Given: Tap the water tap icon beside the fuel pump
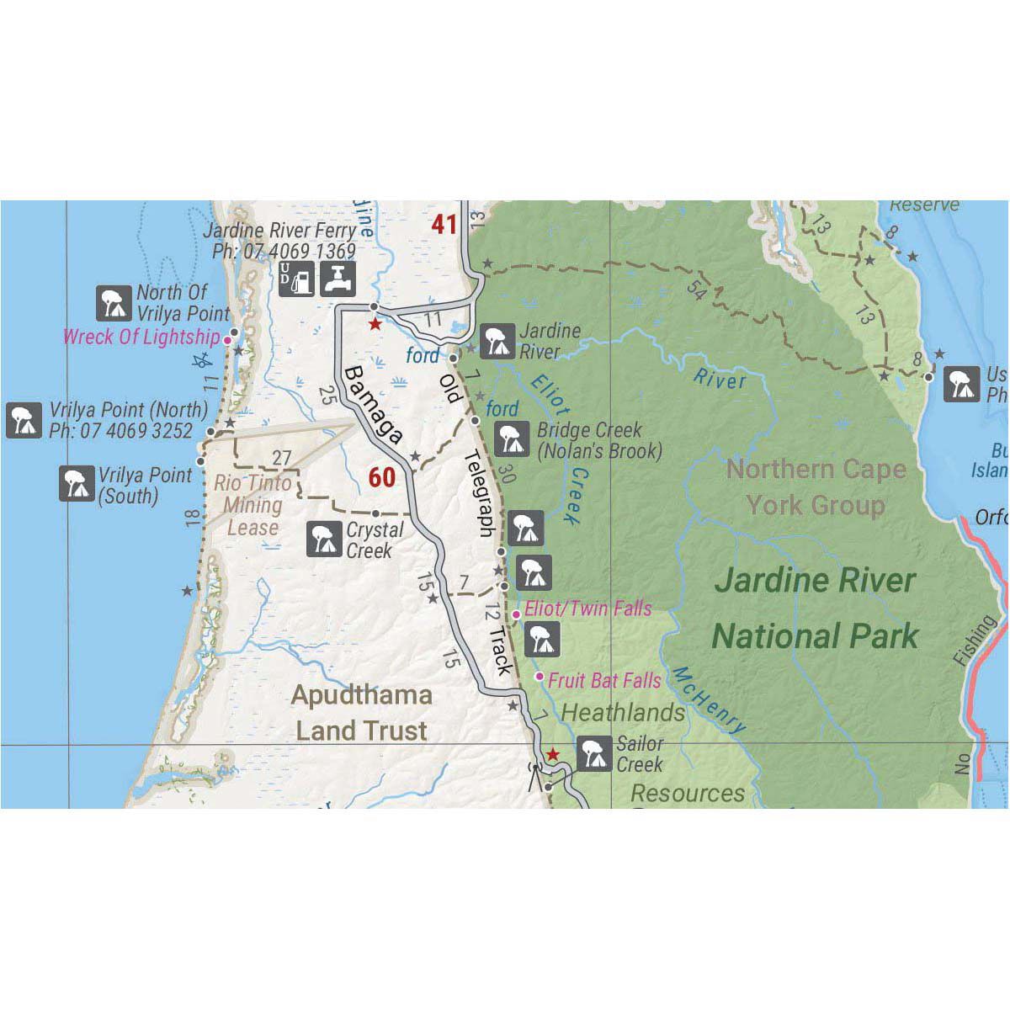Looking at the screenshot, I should [x=339, y=278].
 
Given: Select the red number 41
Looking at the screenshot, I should [x=444, y=224].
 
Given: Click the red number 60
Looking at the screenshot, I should [x=381, y=477].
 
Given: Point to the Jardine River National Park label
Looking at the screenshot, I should [x=814, y=608].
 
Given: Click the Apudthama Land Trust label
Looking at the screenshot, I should [x=362, y=712].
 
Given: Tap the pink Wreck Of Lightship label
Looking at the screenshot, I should [x=141, y=338].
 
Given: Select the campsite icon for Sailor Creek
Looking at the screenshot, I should [x=595, y=753].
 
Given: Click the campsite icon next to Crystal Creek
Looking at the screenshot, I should [x=323, y=540].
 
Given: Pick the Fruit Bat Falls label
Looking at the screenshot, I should [x=604, y=680].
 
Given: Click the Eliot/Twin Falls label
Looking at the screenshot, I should [x=587, y=608].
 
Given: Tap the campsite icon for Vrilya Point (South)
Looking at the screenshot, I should [x=77, y=484].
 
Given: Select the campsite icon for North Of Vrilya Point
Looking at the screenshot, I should [x=113, y=303].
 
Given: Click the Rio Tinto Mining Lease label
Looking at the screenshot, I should [x=252, y=505].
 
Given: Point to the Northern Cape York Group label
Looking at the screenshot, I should [x=816, y=487].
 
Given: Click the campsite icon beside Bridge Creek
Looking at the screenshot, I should [x=510, y=439].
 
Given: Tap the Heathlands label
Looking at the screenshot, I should [x=623, y=713].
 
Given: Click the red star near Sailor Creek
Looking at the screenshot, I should [x=552, y=753].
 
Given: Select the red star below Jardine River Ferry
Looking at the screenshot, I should [x=375, y=324].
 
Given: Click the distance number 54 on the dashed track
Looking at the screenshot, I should [x=695, y=289].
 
